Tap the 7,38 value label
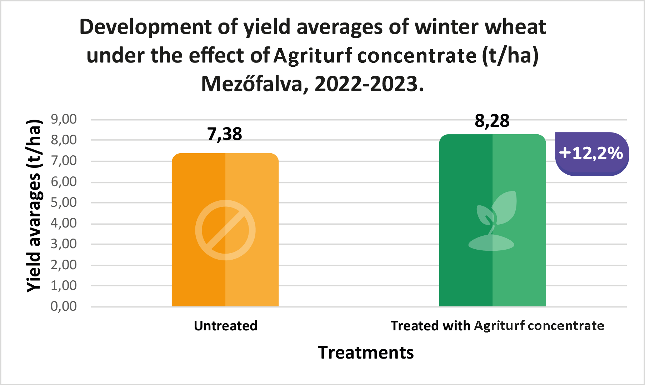[225, 134]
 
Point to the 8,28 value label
[492, 121]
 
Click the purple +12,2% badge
[591, 154]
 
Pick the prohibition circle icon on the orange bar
[225, 230]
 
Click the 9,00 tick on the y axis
[64, 119]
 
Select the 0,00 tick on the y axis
[64, 306]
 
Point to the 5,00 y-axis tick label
[64, 202]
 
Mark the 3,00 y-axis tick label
[64, 244]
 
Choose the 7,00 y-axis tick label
[64, 161]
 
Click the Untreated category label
[225, 326]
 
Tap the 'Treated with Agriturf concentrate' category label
[497, 326]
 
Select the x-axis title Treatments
[366, 352]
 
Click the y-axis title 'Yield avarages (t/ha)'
[35, 206]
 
